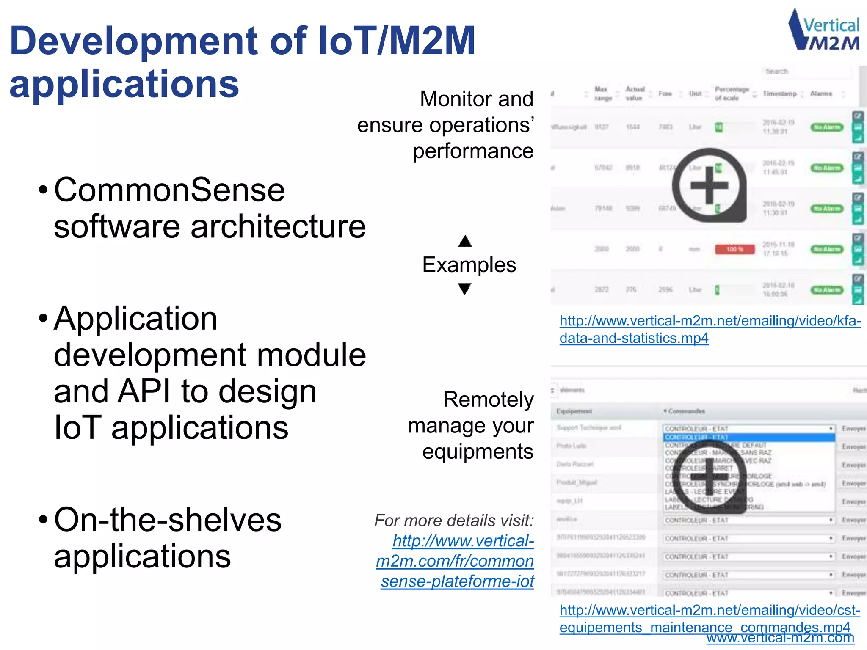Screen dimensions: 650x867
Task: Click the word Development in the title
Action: click(133, 41)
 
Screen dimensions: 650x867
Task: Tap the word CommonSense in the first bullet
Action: click(169, 190)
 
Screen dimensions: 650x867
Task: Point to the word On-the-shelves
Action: click(168, 520)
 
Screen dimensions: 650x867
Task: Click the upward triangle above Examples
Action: click(465, 241)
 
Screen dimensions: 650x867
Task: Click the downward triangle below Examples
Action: click(465, 289)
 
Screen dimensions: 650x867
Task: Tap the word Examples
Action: click(469, 265)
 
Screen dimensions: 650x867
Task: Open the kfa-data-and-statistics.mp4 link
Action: click(710, 329)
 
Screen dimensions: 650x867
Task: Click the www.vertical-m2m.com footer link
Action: click(780, 638)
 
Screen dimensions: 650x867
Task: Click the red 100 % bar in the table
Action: click(734, 249)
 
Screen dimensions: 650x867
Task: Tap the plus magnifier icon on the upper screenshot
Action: click(710, 185)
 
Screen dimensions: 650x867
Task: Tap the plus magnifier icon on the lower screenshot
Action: click(710, 476)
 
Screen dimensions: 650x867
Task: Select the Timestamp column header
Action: click(779, 94)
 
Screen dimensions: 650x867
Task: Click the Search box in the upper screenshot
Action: click(806, 72)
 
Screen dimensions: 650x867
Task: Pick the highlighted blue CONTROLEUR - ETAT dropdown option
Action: click(748, 437)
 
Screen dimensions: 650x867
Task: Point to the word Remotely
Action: click(488, 399)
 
